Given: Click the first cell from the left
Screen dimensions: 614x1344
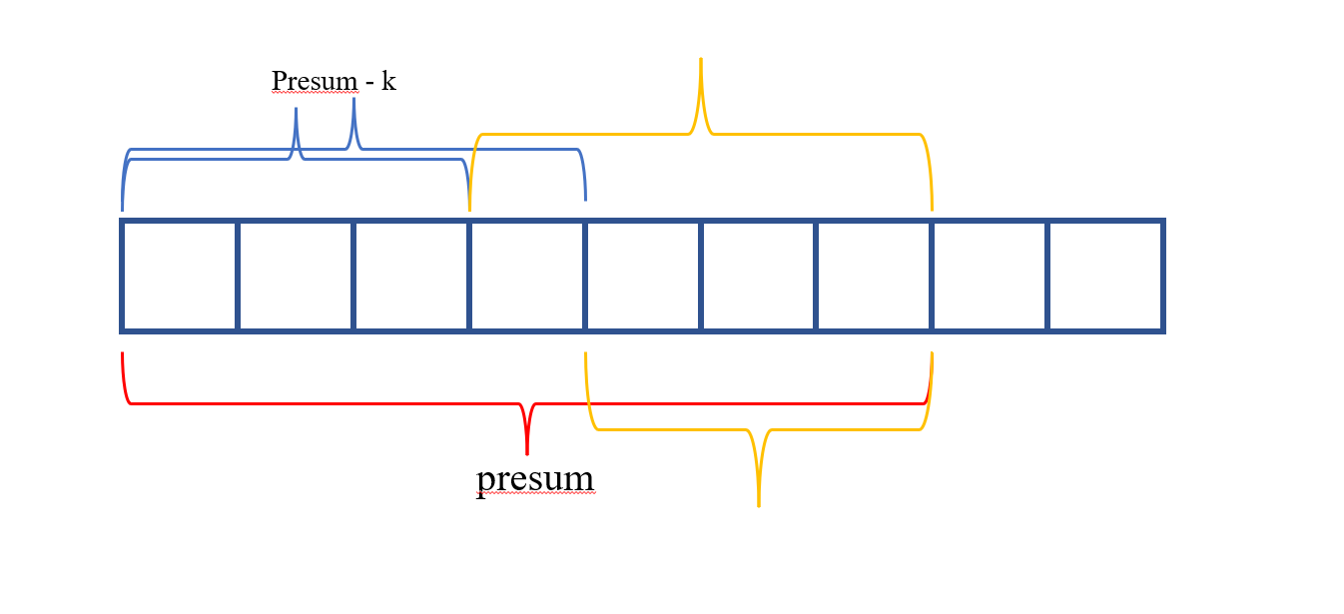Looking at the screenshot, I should [180, 276].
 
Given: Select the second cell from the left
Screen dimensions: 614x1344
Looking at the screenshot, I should [296, 276].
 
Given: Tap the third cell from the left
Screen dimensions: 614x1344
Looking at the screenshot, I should [411, 276].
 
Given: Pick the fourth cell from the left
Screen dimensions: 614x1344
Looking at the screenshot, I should [527, 276].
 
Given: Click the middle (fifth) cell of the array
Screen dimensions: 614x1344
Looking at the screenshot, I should [643, 276].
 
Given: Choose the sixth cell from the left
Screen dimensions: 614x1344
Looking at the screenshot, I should [759, 276].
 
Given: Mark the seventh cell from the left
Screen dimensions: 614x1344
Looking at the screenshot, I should [874, 276].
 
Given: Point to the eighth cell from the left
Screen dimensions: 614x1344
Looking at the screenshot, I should [990, 276].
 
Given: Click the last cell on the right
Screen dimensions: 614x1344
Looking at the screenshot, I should [1105, 276].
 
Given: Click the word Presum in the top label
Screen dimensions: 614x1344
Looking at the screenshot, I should [315, 81].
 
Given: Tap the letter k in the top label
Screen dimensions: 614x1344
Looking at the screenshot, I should [388, 81].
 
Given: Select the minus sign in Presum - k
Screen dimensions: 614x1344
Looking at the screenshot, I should [369, 83].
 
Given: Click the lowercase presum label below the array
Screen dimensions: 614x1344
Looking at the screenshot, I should [535, 479].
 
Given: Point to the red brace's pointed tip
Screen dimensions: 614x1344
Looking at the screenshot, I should [527, 452].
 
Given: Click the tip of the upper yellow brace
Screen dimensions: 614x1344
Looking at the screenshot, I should [701, 60].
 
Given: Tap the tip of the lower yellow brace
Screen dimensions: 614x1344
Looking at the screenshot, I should [759, 504].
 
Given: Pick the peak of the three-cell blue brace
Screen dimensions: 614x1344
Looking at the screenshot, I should [296, 110].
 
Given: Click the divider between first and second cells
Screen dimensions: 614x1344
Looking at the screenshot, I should [238, 276].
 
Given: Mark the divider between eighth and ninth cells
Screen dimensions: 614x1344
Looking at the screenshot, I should [1047, 276].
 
